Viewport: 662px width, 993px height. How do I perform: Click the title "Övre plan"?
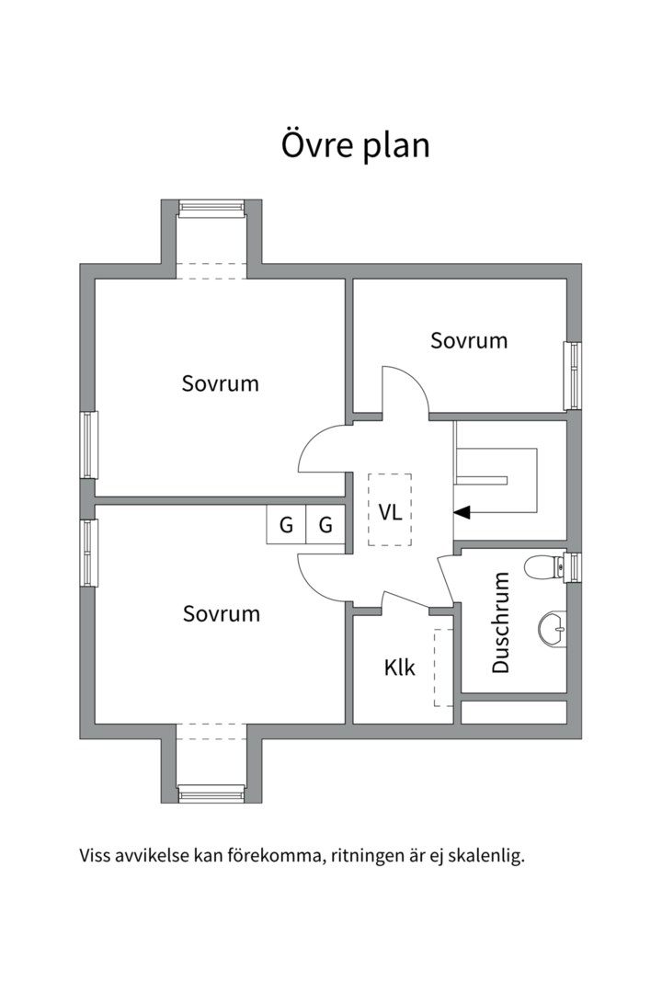(x=356, y=145)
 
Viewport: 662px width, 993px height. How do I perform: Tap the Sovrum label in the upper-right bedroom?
(x=469, y=341)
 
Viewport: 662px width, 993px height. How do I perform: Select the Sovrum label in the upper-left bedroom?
(x=221, y=383)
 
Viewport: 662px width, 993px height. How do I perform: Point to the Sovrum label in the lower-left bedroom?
(x=222, y=613)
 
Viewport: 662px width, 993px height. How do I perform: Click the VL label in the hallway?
(x=390, y=512)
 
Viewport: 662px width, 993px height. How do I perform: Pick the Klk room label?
(x=399, y=667)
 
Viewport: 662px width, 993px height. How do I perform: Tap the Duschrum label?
(x=500, y=622)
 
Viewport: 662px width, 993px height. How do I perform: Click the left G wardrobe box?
(x=286, y=524)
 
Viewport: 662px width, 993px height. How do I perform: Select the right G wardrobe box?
(x=325, y=524)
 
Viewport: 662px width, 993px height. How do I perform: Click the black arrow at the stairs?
(x=462, y=512)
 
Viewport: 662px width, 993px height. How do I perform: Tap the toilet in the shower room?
(x=545, y=566)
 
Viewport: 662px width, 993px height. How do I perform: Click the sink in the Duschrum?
(x=553, y=629)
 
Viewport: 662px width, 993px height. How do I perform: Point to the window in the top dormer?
(x=211, y=209)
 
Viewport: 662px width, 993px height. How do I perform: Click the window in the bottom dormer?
(x=211, y=793)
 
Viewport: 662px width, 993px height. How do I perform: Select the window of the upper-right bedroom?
(x=573, y=375)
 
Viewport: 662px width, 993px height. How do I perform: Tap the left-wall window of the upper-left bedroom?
(x=88, y=445)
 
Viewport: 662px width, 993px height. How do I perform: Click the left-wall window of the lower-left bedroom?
(x=88, y=553)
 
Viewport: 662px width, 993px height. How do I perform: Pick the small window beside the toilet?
(x=574, y=566)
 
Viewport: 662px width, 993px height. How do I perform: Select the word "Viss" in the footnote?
(x=93, y=857)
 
